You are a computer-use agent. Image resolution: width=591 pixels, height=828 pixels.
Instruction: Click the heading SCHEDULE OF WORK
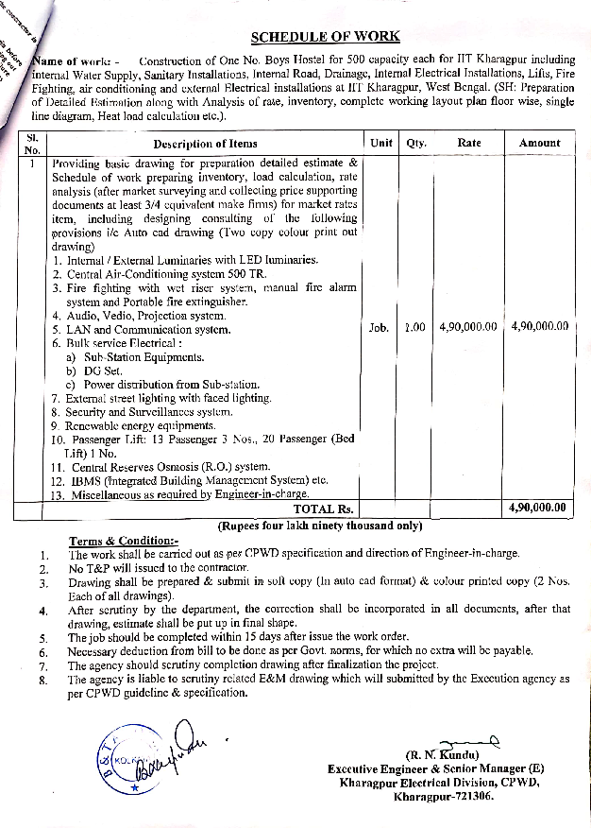[325, 38]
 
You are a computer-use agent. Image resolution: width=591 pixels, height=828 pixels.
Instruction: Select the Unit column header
[381, 144]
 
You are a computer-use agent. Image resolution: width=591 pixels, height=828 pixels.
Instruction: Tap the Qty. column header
[415, 144]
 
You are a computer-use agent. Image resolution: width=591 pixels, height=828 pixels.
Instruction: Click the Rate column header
[468, 144]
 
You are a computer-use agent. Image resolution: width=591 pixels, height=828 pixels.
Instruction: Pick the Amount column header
[539, 144]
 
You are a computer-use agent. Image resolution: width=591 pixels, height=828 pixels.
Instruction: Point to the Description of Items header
[205, 144]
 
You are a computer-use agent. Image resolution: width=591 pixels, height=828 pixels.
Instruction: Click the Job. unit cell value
[379, 328]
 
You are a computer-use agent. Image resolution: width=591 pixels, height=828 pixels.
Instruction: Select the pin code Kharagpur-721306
[443, 796]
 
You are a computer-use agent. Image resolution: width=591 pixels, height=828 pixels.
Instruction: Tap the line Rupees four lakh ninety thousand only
[319, 525]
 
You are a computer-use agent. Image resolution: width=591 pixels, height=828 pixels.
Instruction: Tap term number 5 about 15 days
[238, 637]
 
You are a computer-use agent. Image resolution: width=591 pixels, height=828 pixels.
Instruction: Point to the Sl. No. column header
[32, 144]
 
